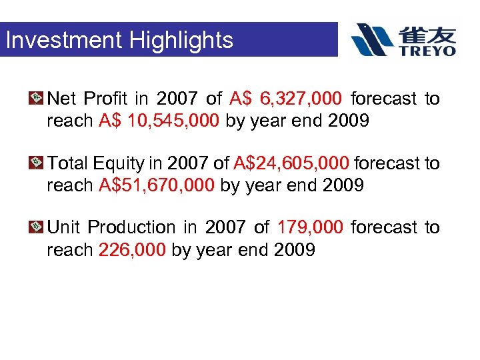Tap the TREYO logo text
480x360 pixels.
(x=428, y=50)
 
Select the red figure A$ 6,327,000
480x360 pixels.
(x=286, y=99)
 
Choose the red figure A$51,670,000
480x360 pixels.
(x=157, y=185)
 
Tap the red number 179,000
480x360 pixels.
(x=310, y=227)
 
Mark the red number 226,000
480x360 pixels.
(x=132, y=249)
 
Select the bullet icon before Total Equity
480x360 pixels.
(x=37, y=163)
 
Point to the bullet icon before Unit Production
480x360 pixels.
(x=37, y=227)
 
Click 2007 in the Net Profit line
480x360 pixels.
(x=177, y=99)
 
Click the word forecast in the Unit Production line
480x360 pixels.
(x=385, y=227)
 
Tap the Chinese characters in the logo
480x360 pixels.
(x=428, y=33)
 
